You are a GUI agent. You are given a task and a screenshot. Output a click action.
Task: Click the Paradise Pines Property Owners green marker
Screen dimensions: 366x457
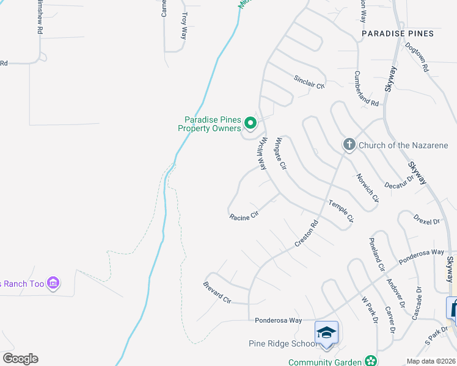pos(250,124)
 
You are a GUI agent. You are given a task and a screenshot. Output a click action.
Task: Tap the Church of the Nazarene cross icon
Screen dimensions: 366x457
pos(349,145)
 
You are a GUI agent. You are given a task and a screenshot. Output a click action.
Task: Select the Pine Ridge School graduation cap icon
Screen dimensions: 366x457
pos(326,333)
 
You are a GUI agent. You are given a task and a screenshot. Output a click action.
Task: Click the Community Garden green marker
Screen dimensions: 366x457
pos(370,362)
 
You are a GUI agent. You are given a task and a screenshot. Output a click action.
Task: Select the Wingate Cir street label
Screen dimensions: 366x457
pos(280,153)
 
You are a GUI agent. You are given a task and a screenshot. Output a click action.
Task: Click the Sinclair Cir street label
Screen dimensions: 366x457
pos(309,82)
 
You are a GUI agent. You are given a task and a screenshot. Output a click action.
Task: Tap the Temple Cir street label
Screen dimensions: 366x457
pos(341,210)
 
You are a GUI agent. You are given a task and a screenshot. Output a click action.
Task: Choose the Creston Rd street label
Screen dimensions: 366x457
pos(307,233)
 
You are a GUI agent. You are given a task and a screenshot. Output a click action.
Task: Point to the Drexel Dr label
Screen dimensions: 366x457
pos(426,218)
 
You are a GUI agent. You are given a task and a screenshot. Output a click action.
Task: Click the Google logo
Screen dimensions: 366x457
pos(20,359)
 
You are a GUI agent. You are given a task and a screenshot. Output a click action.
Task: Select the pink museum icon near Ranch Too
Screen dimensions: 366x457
pos(53,283)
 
